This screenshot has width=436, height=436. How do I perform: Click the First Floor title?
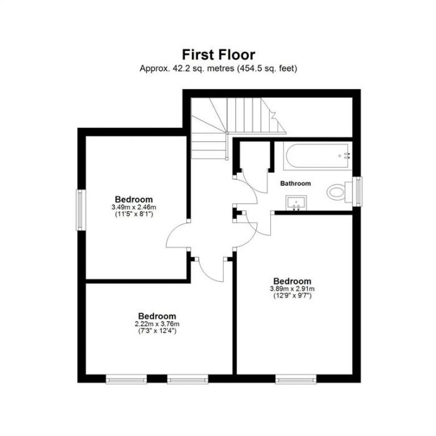tap(218, 55)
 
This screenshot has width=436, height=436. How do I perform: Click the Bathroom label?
tap(295, 184)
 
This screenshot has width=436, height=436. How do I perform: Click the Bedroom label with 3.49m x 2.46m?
tap(133, 199)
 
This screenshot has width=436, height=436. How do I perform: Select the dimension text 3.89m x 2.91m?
tap(292, 289)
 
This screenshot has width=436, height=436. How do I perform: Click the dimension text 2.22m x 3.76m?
tap(157, 324)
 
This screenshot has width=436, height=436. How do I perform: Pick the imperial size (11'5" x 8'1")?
tap(133, 214)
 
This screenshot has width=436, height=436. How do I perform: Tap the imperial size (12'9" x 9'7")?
tap(292, 296)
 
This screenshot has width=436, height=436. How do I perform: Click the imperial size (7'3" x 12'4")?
tap(157, 331)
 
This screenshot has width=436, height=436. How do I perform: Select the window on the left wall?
tap(81, 210)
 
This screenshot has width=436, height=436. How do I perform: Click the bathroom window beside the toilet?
tap(358, 191)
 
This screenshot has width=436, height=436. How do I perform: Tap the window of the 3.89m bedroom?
tap(295, 377)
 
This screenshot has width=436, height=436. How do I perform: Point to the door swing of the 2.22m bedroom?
tap(212, 269)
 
